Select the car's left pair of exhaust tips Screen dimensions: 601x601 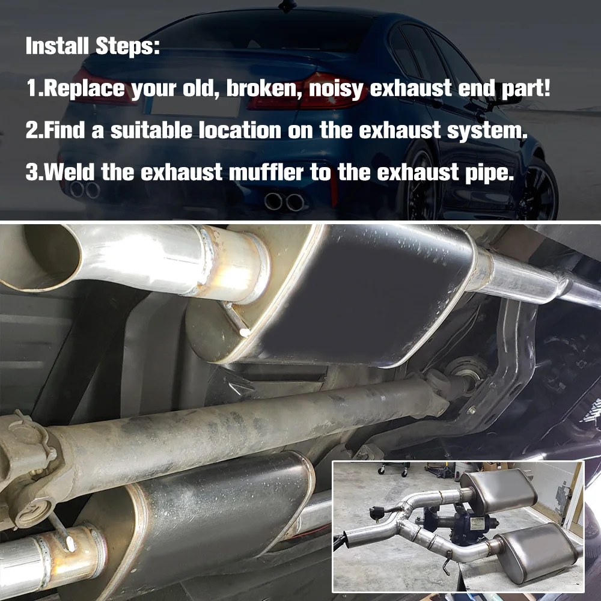[84, 190]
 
